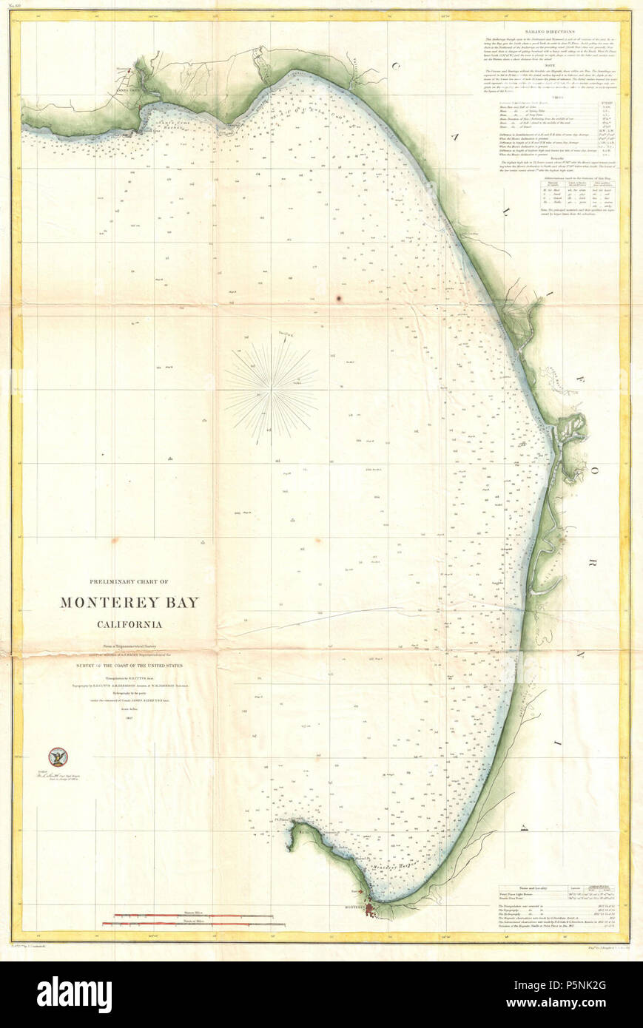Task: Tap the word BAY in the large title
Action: point(184,603)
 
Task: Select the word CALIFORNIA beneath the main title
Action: point(129,623)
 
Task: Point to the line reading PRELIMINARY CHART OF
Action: point(129,581)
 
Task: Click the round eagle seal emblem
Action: point(57,757)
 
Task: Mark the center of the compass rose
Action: point(272,387)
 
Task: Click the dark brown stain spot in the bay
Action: point(339,298)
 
